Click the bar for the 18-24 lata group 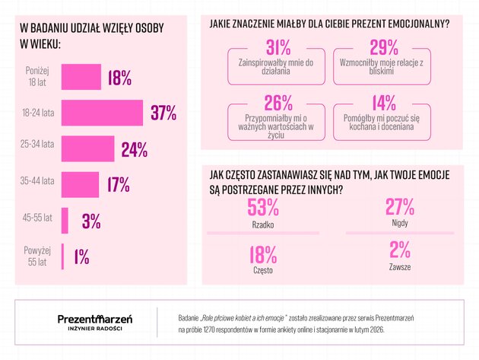pos(101,113)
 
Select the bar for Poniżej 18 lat pos(81,77)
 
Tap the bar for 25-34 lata pos(87,148)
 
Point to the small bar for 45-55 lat pos(65,221)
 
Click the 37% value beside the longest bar pos(163,113)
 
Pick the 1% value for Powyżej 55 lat pos(81,256)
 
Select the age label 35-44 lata pos(38,182)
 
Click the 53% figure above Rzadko pos(263,207)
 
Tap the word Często pos(262,269)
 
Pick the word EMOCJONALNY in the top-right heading pos(417,24)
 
